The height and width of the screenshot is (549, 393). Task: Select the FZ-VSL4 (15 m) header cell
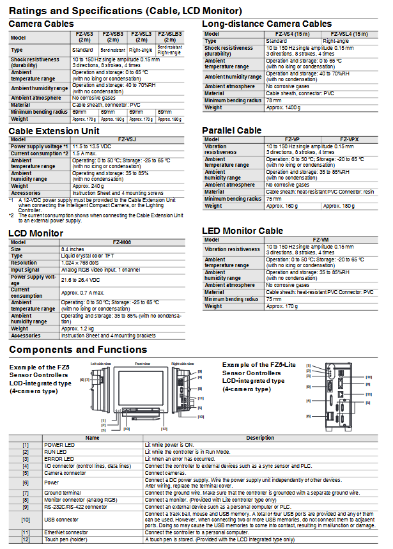pyautogui.click(x=350, y=33)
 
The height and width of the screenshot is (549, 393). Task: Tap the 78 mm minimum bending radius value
pyautogui.click(x=274, y=100)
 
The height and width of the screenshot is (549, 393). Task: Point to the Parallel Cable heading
pyautogui.click(x=232, y=130)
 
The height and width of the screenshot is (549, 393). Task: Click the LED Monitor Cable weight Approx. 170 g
pyautogui.click(x=282, y=306)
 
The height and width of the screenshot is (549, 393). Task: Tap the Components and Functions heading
pyautogui.click(x=78, y=350)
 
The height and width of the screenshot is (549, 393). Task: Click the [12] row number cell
pyautogui.click(x=26, y=539)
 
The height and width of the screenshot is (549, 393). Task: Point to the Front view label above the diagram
pyautogui.click(x=141, y=362)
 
